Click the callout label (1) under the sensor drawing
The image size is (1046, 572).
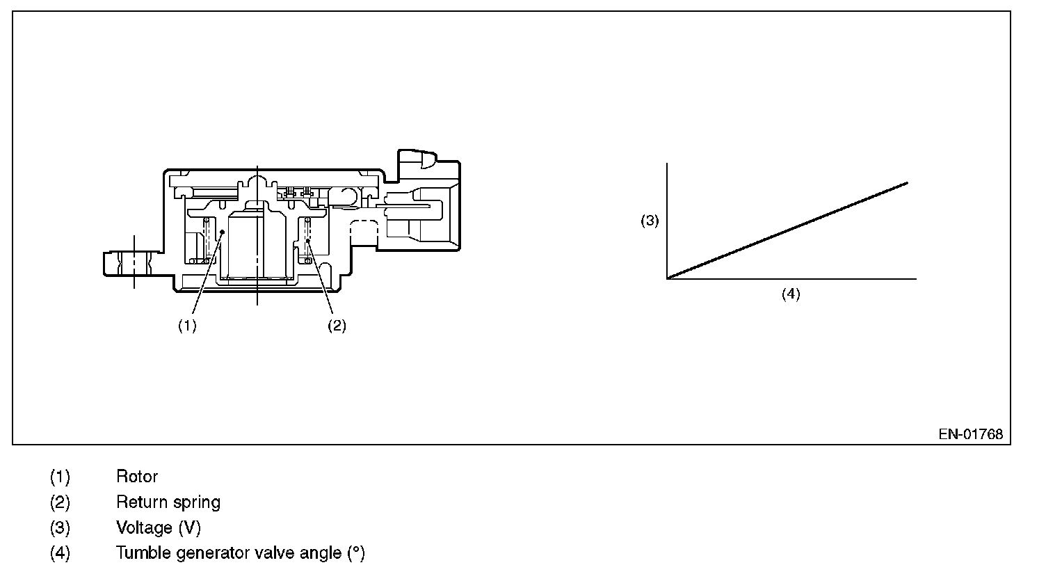pos(187,326)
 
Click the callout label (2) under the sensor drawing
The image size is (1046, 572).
pos(337,326)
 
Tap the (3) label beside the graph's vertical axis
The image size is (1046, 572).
pos(649,221)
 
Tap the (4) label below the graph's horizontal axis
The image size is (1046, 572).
pos(791,294)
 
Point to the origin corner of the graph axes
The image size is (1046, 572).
pos(668,278)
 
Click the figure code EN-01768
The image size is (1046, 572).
pos(970,434)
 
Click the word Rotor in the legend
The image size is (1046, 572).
pos(137,477)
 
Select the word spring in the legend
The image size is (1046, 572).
pos(198,502)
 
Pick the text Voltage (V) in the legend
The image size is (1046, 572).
pos(158,528)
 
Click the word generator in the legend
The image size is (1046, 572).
pos(202,554)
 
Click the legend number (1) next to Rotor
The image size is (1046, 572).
pos(60,477)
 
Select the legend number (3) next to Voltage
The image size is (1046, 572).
pos(60,528)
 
